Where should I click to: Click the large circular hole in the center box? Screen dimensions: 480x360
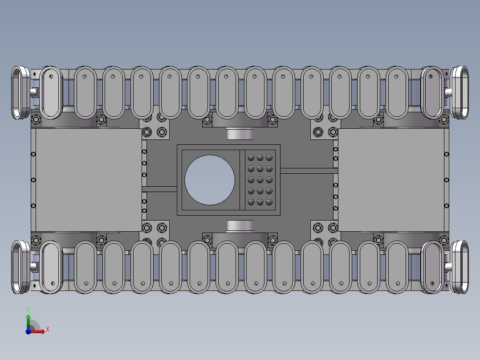pyautogui.click(x=210, y=180)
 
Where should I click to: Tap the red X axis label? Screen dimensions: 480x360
pyautogui.click(x=48, y=330)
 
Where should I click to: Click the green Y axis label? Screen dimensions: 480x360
pyautogui.click(x=28, y=310)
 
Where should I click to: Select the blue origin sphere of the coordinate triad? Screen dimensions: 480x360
pyautogui.click(x=28, y=331)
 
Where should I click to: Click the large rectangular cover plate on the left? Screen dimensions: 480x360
pyautogui.click(x=89, y=180)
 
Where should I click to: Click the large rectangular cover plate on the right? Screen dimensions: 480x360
pyautogui.click(x=391, y=180)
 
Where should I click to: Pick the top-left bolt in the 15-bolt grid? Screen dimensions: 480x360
pyautogui.click(x=251, y=158)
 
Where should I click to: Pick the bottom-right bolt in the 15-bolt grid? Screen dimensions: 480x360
pyautogui.click(x=269, y=202)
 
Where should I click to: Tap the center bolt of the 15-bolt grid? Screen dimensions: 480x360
pyautogui.click(x=260, y=180)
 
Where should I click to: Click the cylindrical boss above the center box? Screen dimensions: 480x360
pyautogui.click(x=240, y=134)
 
